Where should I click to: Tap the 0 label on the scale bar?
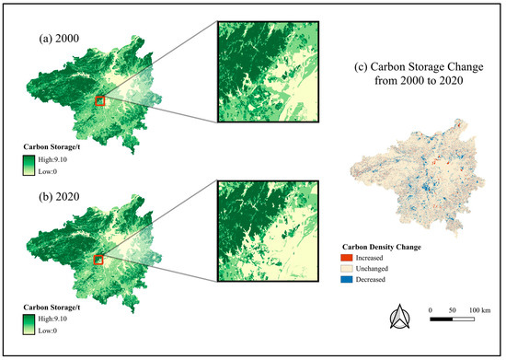[x=431, y=310]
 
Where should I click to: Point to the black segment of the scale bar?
[x=442, y=319]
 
